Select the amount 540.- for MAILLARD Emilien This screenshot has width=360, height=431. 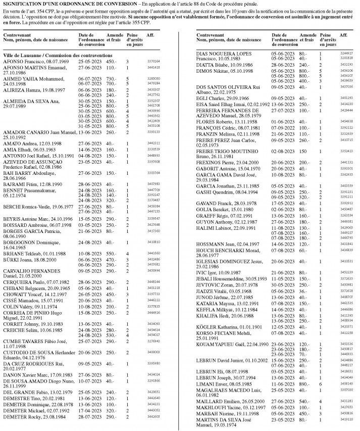[x=303, y=401]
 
